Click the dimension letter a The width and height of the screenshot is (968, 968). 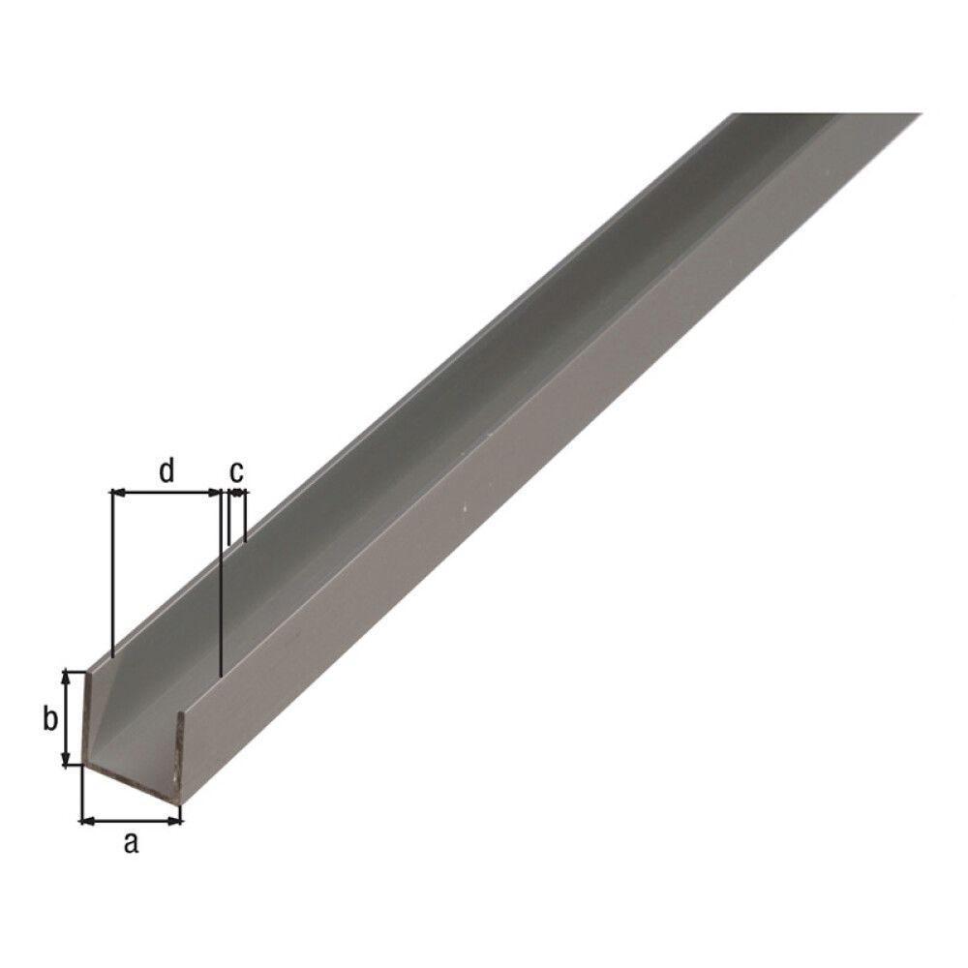[131, 843]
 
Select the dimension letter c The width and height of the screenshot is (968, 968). [236, 471]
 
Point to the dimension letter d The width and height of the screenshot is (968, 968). [166, 471]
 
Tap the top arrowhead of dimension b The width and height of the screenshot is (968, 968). [68, 676]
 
